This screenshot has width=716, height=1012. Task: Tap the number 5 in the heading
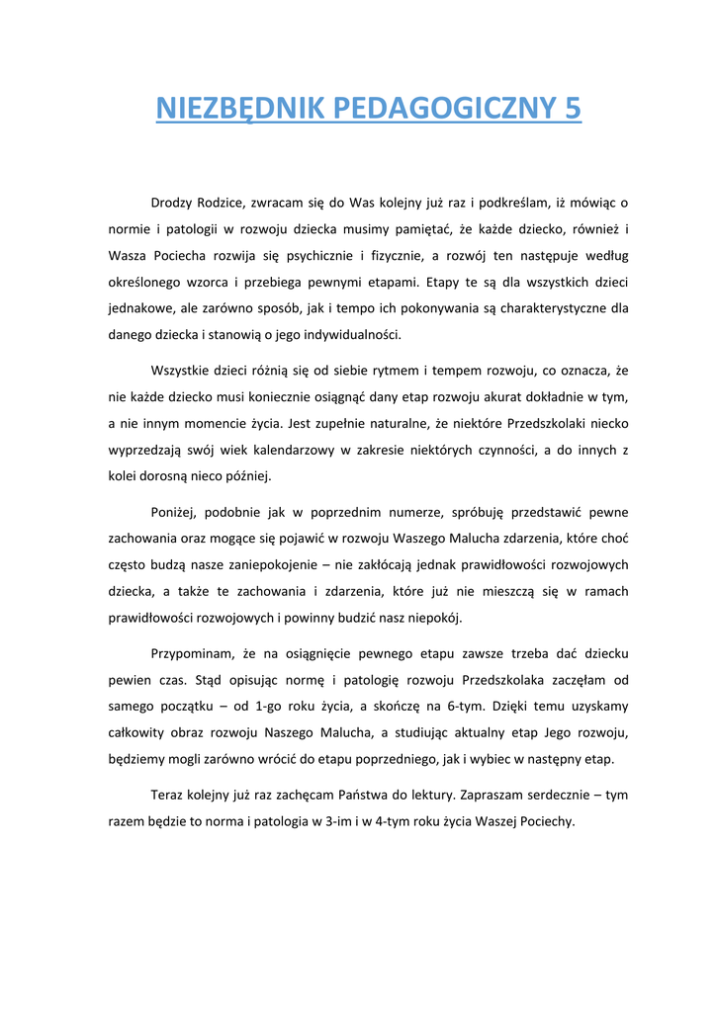[x=573, y=108]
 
